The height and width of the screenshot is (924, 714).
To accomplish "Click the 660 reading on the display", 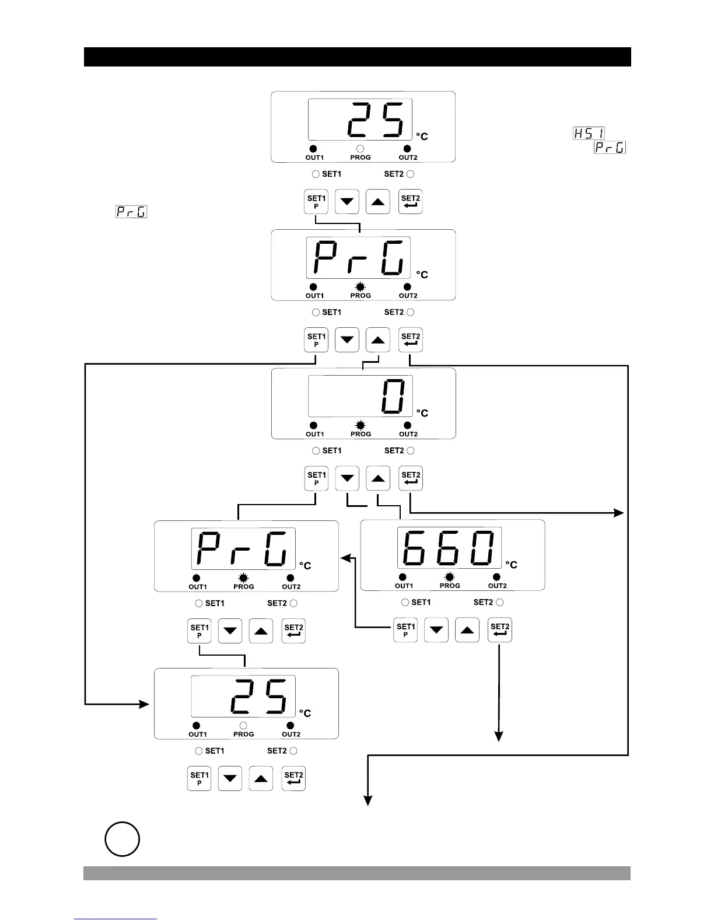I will click(x=449, y=548).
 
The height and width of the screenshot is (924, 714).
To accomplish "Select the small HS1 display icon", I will click(x=589, y=134).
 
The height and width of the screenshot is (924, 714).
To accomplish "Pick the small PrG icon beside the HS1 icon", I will click(x=610, y=148).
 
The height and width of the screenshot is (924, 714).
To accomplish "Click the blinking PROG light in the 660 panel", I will click(x=449, y=577).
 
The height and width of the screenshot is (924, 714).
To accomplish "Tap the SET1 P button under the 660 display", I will click(x=406, y=630).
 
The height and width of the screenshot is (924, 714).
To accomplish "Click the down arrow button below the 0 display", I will click(x=348, y=479).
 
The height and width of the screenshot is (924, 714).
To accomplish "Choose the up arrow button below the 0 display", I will click(x=378, y=479).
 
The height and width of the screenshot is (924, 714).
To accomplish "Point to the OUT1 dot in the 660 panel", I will click(x=402, y=577).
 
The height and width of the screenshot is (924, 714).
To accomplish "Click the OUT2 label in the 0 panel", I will click(x=408, y=434).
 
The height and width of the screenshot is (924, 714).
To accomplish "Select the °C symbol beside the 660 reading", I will click(x=511, y=565).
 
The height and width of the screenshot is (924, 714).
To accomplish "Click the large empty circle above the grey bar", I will click(x=122, y=839).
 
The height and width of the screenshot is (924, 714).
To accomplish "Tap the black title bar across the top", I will click(x=357, y=57).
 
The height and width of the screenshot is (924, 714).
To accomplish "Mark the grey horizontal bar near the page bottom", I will click(x=357, y=873).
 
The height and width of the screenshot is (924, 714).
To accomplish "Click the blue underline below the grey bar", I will click(x=116, y=919).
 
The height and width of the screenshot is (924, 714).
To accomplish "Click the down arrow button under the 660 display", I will click(x=436, y=630).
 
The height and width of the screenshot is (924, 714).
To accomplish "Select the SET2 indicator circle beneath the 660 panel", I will click(x=499, y=602).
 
